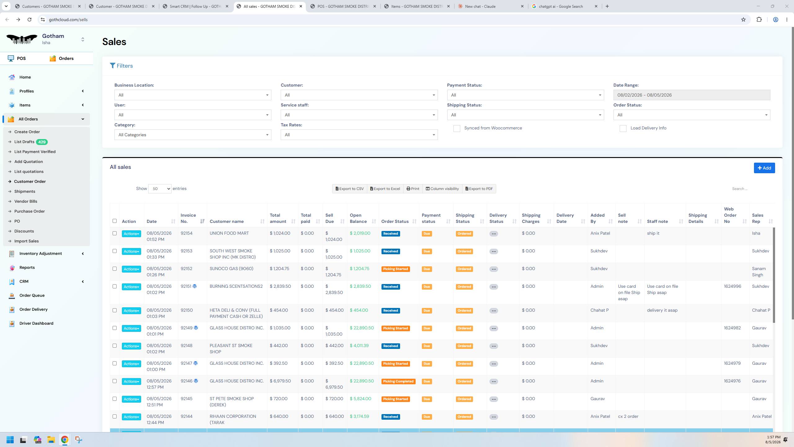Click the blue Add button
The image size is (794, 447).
764,168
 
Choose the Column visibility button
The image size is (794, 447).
442,189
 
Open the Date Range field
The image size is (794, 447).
692,95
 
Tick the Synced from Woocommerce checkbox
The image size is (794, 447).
457,129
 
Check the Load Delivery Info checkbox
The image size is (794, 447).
623,129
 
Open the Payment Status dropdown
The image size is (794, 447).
525,95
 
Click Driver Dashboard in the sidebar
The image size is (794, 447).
36,323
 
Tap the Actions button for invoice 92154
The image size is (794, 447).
131,234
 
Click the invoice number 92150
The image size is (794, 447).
187,310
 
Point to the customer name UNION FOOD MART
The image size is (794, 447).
229,233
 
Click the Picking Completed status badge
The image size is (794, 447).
398,381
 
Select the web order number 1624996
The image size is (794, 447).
733,286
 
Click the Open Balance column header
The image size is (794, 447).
358,218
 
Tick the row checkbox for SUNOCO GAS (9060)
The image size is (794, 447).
114,269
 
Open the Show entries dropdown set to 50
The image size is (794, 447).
160,189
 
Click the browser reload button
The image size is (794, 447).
29,20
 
